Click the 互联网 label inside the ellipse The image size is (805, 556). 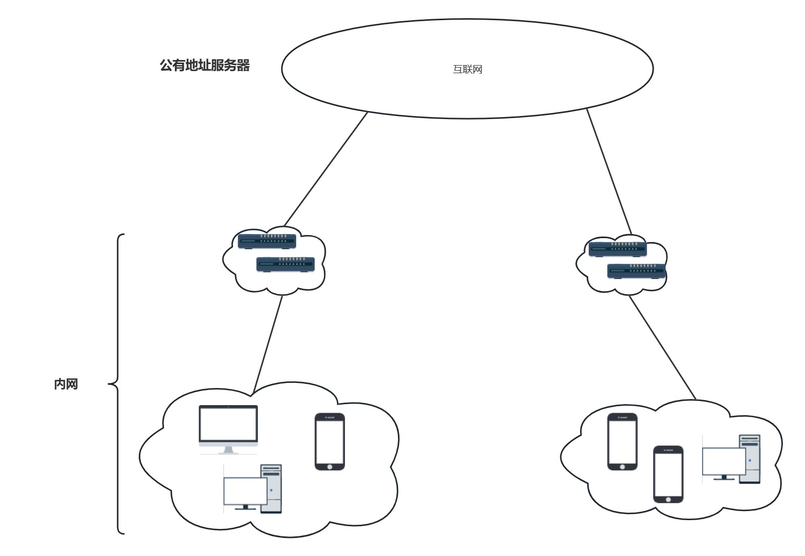[x=467, y=70]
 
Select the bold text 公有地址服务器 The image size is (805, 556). [x=205, y=66]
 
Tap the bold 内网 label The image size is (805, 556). [x=66, y=384]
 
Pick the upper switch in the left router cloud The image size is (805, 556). [x=267, y=241]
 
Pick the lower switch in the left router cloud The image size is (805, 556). [x=285, y=264]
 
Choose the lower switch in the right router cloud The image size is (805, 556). [x=636, y=271]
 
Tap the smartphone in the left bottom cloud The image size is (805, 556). [x=330, y=441]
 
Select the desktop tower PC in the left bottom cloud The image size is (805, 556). [x=253, y=488]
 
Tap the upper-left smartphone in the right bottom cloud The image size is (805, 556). [x=622, y=441]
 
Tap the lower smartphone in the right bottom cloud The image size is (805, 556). [x=668, y=474]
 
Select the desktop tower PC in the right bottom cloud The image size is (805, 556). [x=731, y=459]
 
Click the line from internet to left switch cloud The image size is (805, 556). [x=326, y=169]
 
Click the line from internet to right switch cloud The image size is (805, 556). [x=609, y=172]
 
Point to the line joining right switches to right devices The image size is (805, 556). [x=663, y=348]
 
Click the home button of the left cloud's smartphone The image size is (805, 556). [x=330, y=467]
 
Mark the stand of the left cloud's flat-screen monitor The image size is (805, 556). [x=228, y=450]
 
